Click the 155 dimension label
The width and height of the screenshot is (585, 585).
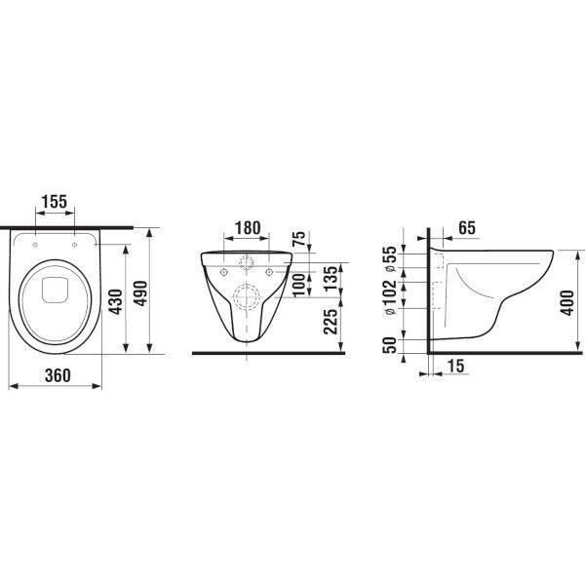click(x=54, y=202)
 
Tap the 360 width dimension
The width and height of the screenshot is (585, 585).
click(x=58, y=375)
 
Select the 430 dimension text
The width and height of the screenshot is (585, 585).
click(x=117, y=302)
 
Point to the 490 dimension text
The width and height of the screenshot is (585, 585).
click(x=140, y=293)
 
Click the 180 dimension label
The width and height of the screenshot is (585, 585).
click(x=248, y=227)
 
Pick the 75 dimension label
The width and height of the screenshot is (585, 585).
click(x=299, y=239)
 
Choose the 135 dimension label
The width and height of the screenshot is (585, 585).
click(x=331, y=279)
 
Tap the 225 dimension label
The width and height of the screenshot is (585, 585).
click(x=331, y=322)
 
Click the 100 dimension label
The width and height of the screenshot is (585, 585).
click(x=299, y=286)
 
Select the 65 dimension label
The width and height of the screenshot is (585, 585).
click(x=467, y=227)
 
